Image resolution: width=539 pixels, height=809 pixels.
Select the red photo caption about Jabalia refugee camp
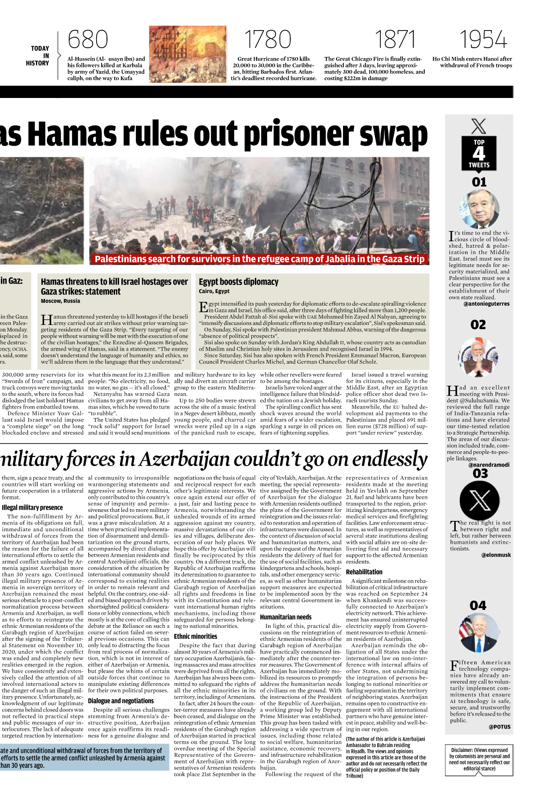pos(259,259)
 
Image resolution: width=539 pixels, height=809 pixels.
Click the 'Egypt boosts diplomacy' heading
pos(239,282)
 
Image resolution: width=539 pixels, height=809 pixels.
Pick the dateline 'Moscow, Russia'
pos(60,301)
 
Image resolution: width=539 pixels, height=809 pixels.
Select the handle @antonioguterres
pos(486,304)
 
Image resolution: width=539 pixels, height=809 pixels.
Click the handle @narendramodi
pos(489,465)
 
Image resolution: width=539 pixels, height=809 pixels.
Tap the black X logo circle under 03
pos(480,500)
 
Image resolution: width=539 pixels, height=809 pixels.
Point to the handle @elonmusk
pos(496,555)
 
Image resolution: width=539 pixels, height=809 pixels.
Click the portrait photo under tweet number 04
pos(479,633)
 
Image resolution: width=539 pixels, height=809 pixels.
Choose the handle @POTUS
pos(499,727)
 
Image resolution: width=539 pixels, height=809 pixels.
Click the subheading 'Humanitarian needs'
pos(285,617)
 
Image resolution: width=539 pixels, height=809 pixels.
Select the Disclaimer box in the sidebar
pos(479,759)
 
